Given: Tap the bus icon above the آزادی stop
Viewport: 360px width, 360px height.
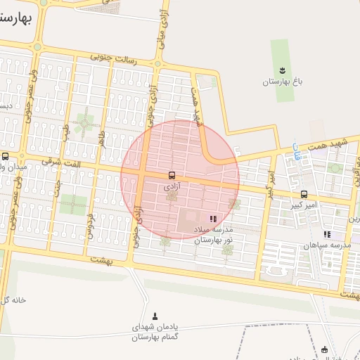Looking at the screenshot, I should pyautogui.click(x=172, y=174).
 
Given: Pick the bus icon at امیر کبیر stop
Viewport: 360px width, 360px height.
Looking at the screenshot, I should pyautogui.click(x=304, y=194).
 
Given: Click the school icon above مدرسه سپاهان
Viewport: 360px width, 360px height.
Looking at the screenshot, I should pyautogui.click(x=326, y=234).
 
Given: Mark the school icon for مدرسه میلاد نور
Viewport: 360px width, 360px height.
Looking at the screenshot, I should pyautogui.click(x=213, y=219).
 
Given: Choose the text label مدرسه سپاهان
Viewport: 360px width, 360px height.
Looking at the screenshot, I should pyautogui.click(x=326, y=245).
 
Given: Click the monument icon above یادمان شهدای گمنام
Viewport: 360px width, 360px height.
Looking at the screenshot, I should pyautogui.click(x=155, y=315).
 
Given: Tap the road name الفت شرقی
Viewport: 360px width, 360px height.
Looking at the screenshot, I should pyautogui.click(x=61, y=161).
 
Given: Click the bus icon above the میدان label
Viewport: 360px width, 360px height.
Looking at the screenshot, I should pyautogui.click(x=6, y=156).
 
